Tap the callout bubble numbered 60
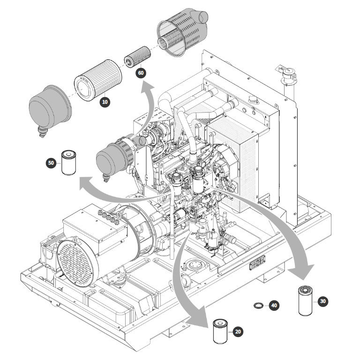(x=141, y=74)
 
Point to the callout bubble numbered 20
(x=238, y=332)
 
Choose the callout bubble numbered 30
(x=322, y=301)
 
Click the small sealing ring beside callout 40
(x=258, y=306)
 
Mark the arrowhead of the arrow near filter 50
(x=83, y=185)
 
